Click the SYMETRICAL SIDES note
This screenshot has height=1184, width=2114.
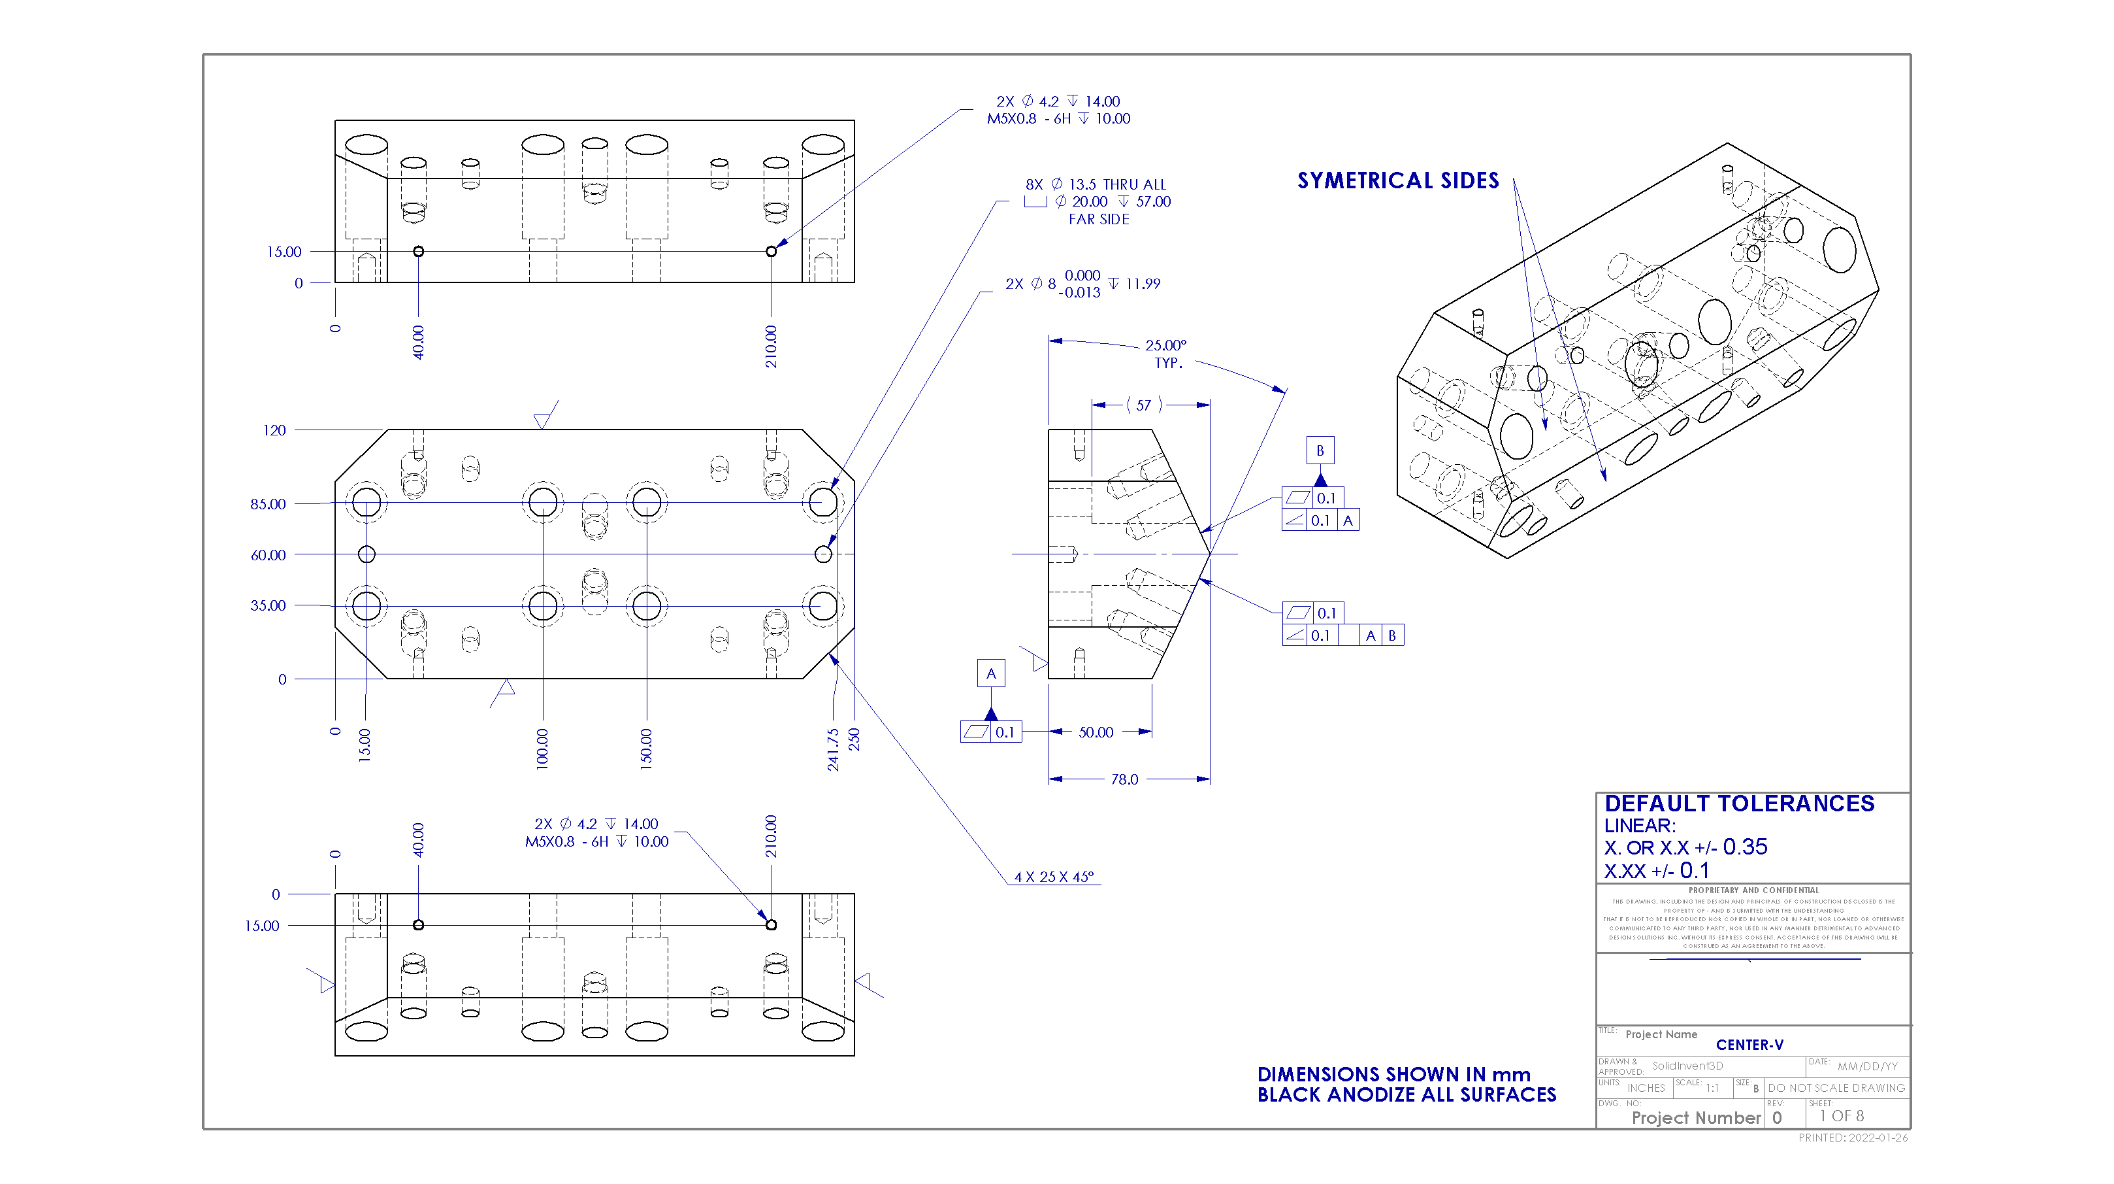[x=1397, y=180]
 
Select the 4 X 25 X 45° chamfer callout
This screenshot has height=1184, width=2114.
[x=1054, y=877]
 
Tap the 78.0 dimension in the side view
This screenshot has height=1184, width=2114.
[x=1124, y=779]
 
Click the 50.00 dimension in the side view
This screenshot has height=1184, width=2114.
[x=1096, y=732]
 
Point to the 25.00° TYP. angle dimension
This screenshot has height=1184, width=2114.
[x=1165, y=354]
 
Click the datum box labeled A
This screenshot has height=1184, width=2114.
[x=990, y=674]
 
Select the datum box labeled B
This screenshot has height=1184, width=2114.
[x=1320, y=450]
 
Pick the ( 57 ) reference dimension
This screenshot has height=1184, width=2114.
[x=1143, y=405]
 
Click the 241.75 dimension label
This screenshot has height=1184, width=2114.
[x=833, y=749]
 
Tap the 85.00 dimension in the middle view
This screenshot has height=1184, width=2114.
[x=268, y=504]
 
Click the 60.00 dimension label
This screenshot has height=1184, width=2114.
[x=268, y=555]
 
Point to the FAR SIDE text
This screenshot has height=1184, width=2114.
[x=1098, y=219]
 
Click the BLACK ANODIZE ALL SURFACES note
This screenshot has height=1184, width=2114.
[x=1406, y=1095]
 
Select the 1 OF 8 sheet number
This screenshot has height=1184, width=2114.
[x=1842, y=1117]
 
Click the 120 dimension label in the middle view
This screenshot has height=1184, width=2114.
[x=274, y=430]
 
